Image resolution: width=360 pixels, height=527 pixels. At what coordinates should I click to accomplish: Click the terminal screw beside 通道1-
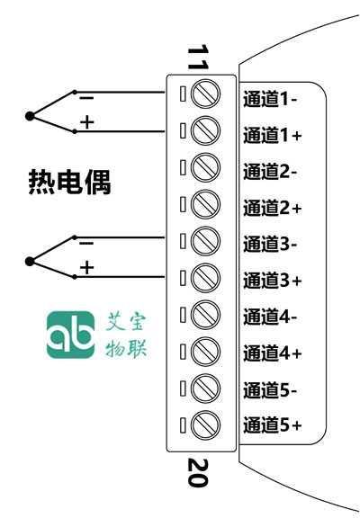[x=205, y=94]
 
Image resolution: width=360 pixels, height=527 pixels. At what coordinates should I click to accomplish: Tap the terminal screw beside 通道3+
[x=205, y=278]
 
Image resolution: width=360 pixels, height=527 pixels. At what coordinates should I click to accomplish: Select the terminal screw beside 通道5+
[x=205, y=425]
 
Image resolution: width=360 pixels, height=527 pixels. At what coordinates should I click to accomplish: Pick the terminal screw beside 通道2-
[x=205, y=167]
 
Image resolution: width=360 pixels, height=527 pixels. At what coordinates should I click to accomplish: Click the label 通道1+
[x=272, y=135]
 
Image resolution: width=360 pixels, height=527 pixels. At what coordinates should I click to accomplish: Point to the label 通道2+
[x=272, y=208]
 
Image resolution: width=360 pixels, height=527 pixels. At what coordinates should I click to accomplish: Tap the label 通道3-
[x=270, y=244]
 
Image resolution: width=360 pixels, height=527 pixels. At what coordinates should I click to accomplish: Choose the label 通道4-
[x=270, y=317]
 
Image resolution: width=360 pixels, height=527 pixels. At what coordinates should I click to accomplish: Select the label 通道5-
[x=270, y=390]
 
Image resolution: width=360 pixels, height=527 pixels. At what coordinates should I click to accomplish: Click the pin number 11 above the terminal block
[x=198, y=58]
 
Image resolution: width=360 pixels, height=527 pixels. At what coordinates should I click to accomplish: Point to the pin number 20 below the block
[x=198, y=473]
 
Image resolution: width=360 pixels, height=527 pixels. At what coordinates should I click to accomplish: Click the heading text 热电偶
[x=69, y=182]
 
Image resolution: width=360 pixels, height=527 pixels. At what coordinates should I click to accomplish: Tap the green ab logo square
[x=71, y=335]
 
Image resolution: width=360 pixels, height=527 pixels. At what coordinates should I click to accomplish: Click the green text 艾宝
[x=126, y=322]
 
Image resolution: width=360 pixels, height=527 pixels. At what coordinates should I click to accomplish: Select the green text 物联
[x=126, y=348]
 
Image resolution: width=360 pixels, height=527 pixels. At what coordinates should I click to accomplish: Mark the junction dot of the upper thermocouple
[x=30, y=116]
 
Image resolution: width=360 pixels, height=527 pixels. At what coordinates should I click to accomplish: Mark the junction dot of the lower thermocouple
[x=30, y=262]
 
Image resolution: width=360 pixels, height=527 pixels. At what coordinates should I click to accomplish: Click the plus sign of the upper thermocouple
[x=86, y=122]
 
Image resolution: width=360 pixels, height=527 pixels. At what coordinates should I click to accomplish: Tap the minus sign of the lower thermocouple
[x=86, y=243]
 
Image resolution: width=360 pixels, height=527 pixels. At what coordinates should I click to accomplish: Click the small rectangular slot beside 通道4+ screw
[x=183, y=352]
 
